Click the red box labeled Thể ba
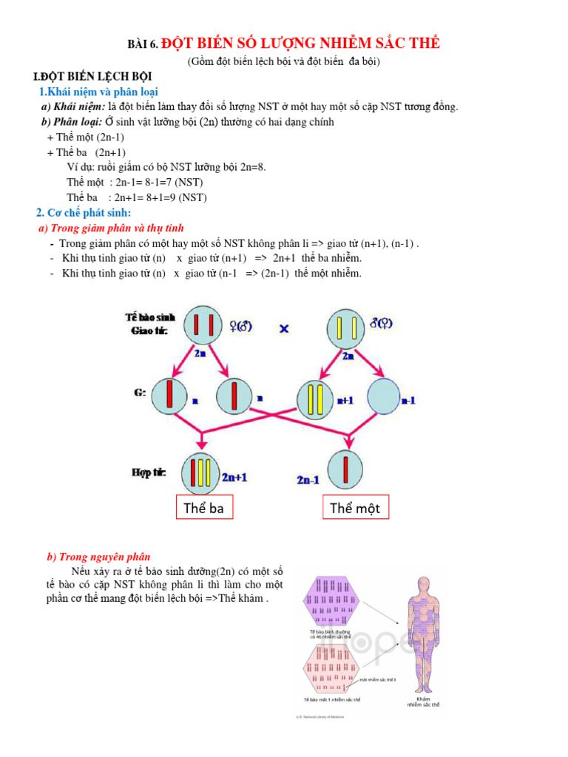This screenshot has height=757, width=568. pos(203,508)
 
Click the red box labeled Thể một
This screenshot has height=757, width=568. pos(355,508)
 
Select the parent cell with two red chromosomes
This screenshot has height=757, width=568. pos(204,325)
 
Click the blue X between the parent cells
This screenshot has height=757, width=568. pos(284,328)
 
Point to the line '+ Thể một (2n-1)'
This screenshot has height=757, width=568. pos(85,138)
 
